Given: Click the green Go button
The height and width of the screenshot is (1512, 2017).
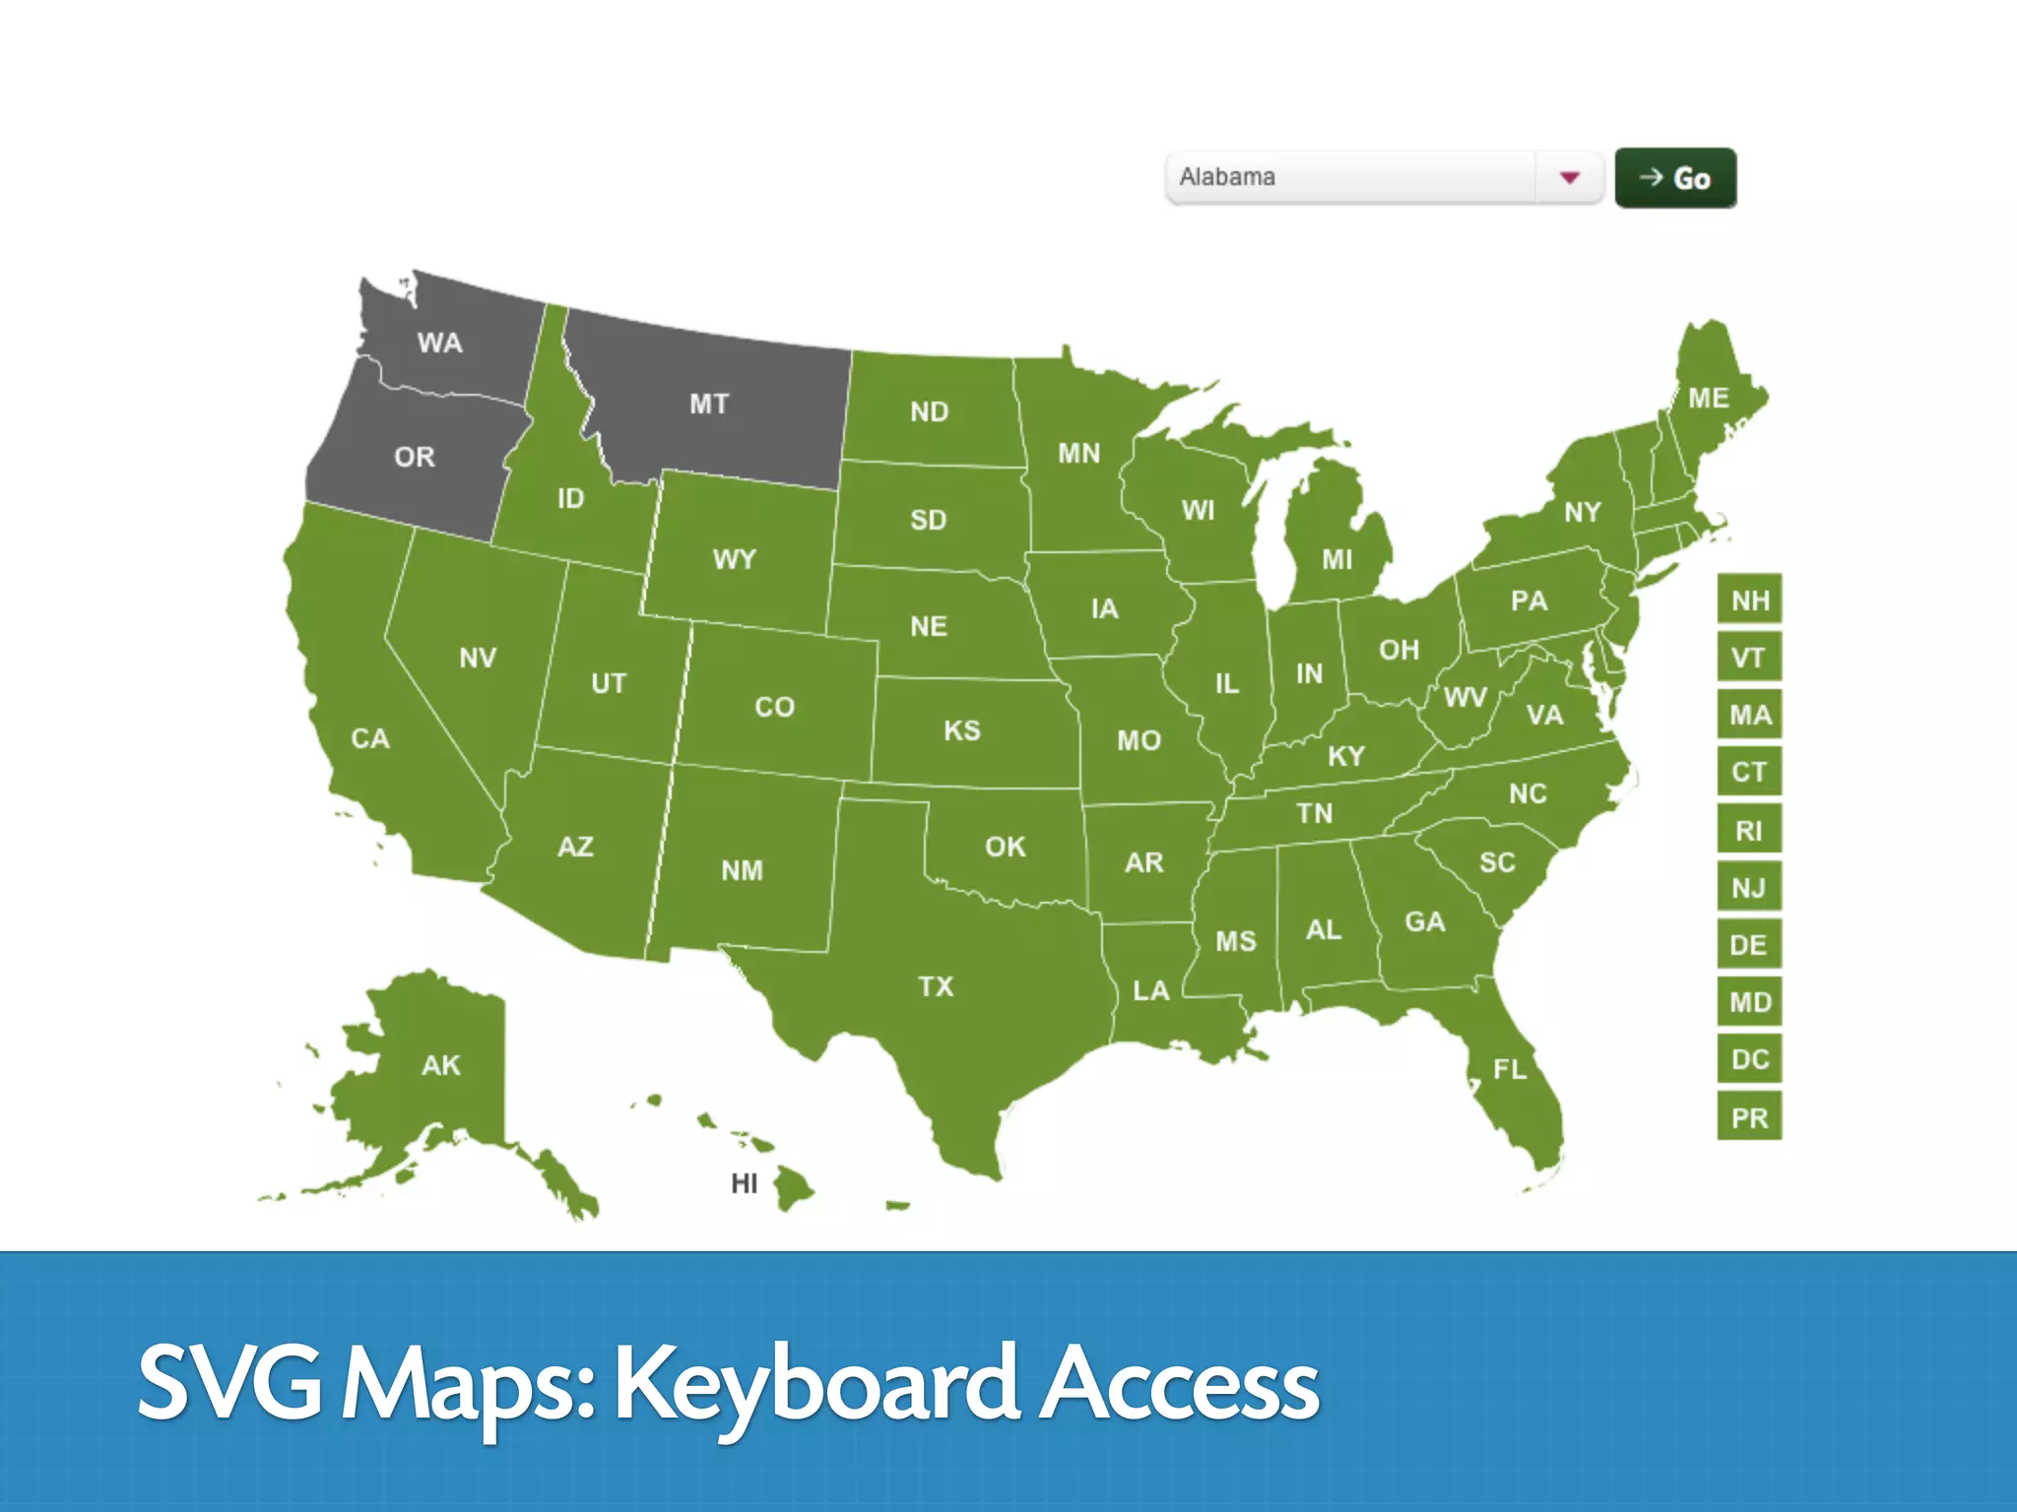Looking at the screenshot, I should [1674, 178].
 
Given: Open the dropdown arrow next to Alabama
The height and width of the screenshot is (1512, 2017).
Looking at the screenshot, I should [1570, 177].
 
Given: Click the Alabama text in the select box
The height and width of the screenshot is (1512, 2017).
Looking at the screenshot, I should [1227, 177].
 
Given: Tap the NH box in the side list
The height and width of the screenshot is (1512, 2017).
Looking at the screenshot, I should [1749, 599].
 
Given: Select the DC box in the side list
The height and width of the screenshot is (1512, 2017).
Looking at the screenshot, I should [1749, 1059].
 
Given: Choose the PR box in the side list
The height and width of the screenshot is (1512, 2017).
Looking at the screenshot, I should [1749, 1117].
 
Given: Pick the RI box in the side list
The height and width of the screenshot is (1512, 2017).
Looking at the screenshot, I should [1749, 830].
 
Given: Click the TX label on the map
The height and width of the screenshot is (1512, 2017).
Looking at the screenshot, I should [936, 986].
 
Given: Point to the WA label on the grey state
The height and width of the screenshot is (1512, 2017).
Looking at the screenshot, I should [439, 343].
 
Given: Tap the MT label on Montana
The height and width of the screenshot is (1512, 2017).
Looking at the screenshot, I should [709, 404].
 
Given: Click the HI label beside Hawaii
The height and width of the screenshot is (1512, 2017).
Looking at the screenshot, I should [744, 1183].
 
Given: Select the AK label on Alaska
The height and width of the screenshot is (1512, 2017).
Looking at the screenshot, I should [440, 1065].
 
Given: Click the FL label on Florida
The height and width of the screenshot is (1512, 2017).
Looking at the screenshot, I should [1509, 1069].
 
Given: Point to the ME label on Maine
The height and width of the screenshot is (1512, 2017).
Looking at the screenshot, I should [1708, 398].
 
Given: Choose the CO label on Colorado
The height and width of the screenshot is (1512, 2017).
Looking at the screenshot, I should [774, 707].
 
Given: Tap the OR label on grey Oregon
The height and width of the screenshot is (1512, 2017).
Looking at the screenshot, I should [414, 457].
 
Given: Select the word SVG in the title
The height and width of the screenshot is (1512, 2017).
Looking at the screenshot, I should [229, 1382].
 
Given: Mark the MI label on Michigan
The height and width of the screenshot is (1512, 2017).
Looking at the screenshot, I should [1336, 559].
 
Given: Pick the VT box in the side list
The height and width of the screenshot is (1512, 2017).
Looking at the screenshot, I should [1749, 657].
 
